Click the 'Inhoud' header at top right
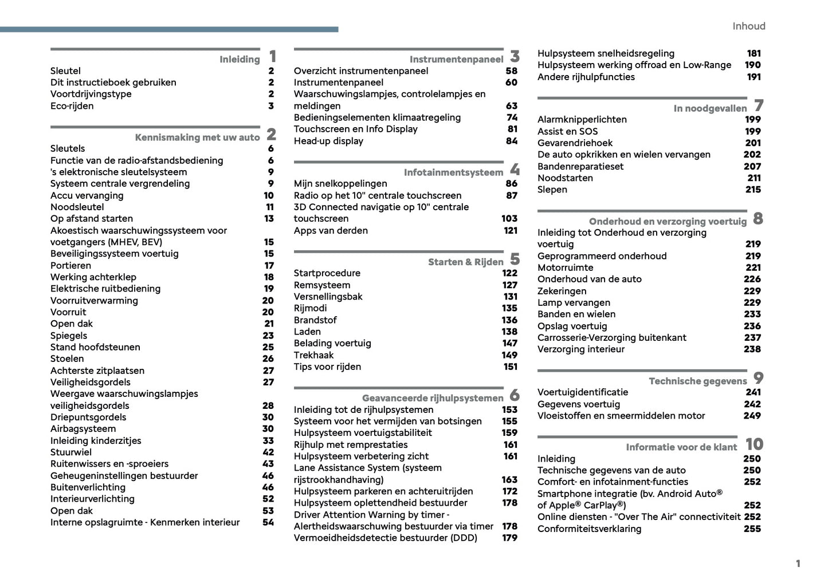click(748, 26)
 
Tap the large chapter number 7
click(759, 106)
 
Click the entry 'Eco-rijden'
click(72, 106)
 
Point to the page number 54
click(268, 522)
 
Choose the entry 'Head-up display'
click(328, 141)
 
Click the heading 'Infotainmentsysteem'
click(453, 172)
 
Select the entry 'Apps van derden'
click(331, 230)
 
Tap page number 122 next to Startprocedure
click(509, 273)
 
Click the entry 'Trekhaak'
click(313, 355)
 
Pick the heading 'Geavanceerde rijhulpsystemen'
click(433, 398)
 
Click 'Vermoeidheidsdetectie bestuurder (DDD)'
click(385, 538)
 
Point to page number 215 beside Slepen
click(753, 190)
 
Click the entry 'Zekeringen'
click(562, 291)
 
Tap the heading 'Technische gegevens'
click(697, 381)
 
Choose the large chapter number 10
click(754, 444)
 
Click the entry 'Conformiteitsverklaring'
click(589, 529)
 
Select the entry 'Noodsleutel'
click(77, 207)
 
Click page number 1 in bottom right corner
click(798, 564)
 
